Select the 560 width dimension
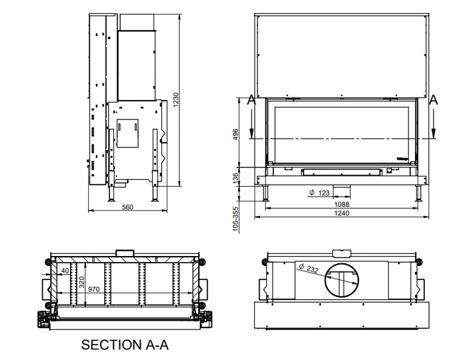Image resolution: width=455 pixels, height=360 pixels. (x=127, y=207)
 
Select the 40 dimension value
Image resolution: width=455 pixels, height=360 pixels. (x=64, y=271)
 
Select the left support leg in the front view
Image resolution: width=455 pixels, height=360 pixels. (x=267, y=193)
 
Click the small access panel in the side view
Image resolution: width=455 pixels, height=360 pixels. (x=127, y=133)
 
